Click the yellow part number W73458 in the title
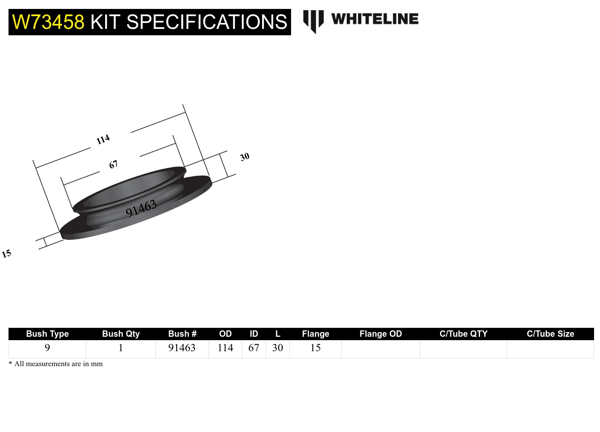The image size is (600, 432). click(48, 22)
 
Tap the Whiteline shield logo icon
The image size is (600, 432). click(313, 21)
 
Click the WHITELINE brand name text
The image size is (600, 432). click(374, 19)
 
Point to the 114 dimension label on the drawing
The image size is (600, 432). click(103, 139)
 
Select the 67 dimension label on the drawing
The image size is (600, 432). click(113, 165)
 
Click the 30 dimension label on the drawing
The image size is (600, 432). click(245, 157)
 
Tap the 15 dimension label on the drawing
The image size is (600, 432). click(6, 254)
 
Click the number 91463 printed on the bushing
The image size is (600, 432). click(141, 208)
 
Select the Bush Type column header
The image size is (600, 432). click(47, 334)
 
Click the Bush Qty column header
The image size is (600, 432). click(121, 334)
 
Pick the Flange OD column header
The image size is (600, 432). click(380, 334)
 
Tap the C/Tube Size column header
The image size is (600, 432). click(550, 334)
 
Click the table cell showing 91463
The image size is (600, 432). click(182, 348)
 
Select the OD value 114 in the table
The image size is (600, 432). click(225, 348)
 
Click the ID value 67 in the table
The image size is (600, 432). click(254, 348)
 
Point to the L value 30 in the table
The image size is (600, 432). click(277, 348)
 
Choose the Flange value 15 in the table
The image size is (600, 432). click(315, 348)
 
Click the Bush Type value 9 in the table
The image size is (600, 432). click(47, 348)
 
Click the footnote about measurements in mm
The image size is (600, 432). click(56, 364)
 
